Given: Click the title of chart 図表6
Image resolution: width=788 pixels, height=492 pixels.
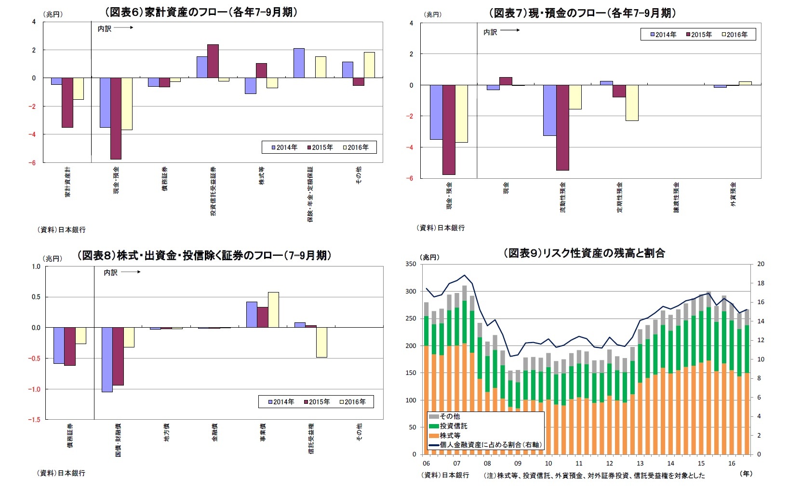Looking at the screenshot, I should coord(201,13).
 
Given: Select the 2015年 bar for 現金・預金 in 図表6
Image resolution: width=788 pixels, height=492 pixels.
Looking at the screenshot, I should coord(116,118).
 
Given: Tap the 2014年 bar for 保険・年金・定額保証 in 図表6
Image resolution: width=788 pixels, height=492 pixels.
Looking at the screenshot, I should coord(299,63).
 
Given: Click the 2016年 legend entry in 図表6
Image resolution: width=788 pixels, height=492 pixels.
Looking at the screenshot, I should coord(356,147).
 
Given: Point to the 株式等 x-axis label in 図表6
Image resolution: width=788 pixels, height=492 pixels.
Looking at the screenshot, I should coord(262,176).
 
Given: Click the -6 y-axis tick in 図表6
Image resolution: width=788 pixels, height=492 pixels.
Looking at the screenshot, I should coord(34,163).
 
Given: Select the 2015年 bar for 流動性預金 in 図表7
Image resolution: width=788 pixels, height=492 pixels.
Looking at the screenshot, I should coord(562,127).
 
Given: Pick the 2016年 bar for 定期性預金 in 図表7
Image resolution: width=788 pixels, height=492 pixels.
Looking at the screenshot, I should coord(632,103).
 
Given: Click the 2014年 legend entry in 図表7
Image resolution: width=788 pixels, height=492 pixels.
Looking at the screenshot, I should coord(664,35).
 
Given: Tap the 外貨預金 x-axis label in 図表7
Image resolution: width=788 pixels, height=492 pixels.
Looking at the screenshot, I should coord(733,194).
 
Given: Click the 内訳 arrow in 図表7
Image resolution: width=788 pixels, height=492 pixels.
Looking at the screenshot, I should coord(510,30).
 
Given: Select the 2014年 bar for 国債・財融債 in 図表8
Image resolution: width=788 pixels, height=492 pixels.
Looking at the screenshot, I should coord(107,359).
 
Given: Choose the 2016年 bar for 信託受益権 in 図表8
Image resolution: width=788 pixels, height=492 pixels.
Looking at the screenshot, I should coord(321,342).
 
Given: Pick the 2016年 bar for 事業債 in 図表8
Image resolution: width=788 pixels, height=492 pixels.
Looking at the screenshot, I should coord(273,310).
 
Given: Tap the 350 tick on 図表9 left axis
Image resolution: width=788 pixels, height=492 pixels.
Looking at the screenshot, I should coord(411,264).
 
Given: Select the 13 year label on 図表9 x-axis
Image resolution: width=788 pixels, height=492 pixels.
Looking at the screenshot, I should coord(640,464).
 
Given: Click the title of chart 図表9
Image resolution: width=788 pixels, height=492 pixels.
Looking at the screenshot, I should coord(584,253).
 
